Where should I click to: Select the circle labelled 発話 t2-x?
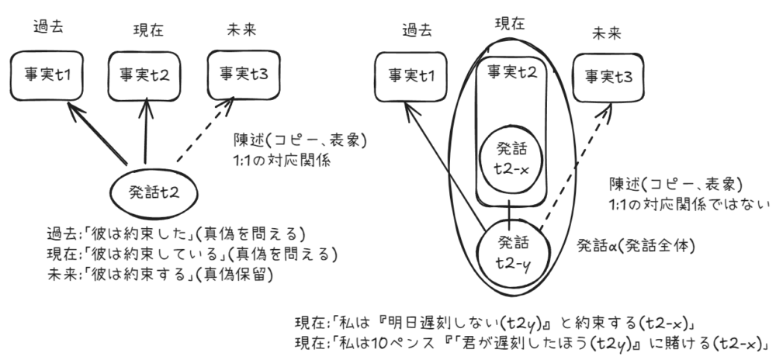509,156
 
